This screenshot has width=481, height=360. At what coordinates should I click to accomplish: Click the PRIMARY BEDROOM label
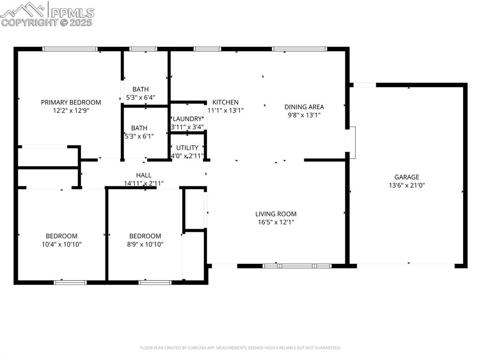click(x=71, y=102)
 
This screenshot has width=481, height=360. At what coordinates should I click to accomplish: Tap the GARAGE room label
click(x=406, y=177)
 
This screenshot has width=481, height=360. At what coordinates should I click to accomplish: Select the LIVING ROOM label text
click(x=276, y=214)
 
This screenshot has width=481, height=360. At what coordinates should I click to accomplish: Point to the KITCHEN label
click(x=225, y=102)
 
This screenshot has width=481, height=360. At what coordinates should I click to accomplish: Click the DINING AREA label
click(x=304, y=107)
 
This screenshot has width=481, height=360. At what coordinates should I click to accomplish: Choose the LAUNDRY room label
click(x=187, y=119)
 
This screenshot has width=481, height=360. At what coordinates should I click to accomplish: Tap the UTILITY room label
click(x=187, y=147)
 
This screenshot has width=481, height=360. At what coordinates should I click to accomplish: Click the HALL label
click(x=144, y=175)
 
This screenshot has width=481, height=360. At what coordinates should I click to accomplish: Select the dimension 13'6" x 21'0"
click(x=406, y=185)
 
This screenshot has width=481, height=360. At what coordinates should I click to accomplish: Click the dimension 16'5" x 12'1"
click(x=276, y=222)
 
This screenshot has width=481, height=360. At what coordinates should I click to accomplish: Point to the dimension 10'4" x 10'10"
click(x=62, y=244)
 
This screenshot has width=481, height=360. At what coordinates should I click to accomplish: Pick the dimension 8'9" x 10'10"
click(x=145, y=244)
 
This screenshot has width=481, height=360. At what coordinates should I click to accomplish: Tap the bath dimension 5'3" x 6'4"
click(x=140, y=98)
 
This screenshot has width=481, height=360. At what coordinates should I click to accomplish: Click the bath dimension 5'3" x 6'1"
click(x=139, y=136)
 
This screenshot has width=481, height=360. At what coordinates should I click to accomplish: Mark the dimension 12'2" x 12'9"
click(x=71, y=111)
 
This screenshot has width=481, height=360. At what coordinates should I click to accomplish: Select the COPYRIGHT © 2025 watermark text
click(x=47, y=22)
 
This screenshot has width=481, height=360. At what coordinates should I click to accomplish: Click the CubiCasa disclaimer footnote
click(x=240, y=348)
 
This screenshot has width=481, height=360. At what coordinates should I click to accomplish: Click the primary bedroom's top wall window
click(x=70, y=49)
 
